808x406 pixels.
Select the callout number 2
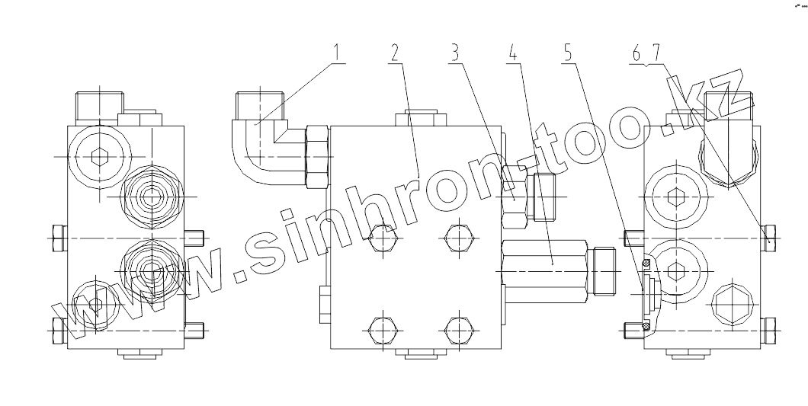pyautogui.click(x=394, y=54)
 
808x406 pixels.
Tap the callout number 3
pyautogui.click(x=454, y=54)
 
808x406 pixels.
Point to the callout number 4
pyautogui.click(x=514, y=54)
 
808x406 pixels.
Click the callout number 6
pyautogui.click(x=637, y=54)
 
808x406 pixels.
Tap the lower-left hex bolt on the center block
pyautogui.click(x=381, y=331)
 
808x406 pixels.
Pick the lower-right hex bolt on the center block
pyautogui.click(x=458, y=331)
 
